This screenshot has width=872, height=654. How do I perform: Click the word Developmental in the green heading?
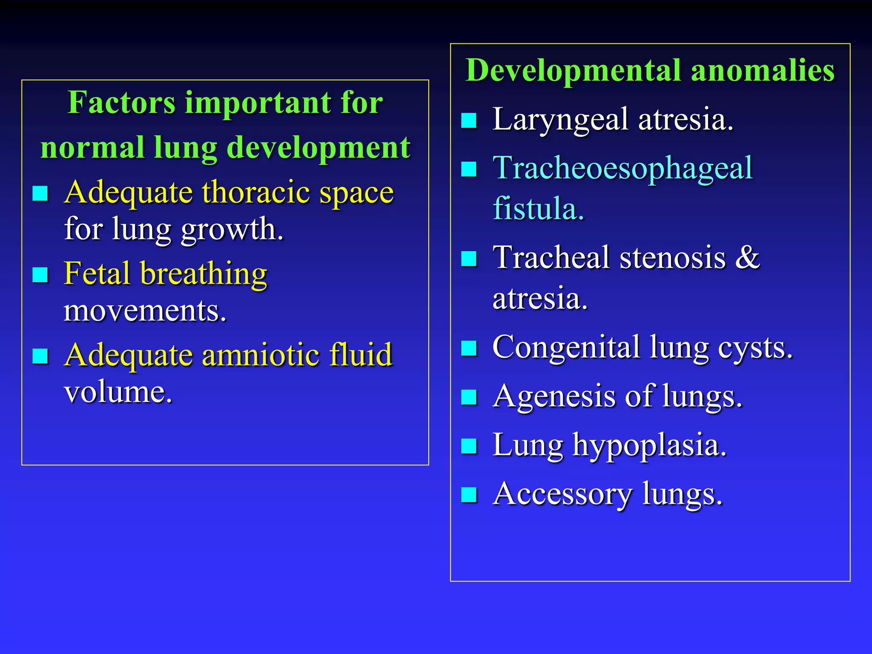pos(573,71)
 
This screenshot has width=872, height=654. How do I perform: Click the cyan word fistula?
pos(538,209)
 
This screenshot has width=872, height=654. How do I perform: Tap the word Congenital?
pos(566,347)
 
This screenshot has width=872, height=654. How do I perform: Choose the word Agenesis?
pos(554,397)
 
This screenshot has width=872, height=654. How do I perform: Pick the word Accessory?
pos(562,495)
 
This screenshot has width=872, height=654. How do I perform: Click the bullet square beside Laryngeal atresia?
pos(469,120)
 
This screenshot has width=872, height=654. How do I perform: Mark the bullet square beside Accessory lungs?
pos(469,495)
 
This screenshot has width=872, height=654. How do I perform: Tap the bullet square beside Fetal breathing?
pos(40,275)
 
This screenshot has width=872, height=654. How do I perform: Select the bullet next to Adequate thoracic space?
pos(40,193)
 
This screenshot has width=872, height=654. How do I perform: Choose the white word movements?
pos(145,311)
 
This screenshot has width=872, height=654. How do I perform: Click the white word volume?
pos(118,392)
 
